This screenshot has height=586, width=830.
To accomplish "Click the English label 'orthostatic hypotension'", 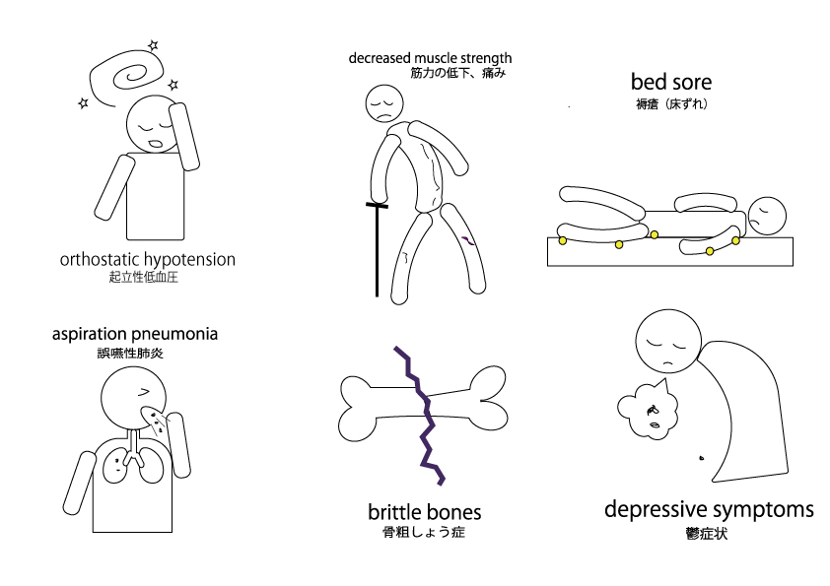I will tap(148, 260).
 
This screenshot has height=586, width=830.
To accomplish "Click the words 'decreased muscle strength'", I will tap(430, 58).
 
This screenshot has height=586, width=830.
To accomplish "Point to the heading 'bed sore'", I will tap(670, 81).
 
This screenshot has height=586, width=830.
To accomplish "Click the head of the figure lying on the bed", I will tap(766, 215).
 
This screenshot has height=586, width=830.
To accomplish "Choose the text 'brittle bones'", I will tap(425, 512).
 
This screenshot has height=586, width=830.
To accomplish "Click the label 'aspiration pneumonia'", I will tap(135, 334).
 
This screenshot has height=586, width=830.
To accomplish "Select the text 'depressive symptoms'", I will tap(709, 509).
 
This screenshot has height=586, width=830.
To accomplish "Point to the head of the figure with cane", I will tap(382, 102).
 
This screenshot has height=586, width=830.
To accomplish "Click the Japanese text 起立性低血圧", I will tap(145, 278).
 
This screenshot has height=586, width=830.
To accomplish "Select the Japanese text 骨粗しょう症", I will tap(424, 532).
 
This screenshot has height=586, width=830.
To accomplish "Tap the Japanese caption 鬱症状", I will tap(709, 535).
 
